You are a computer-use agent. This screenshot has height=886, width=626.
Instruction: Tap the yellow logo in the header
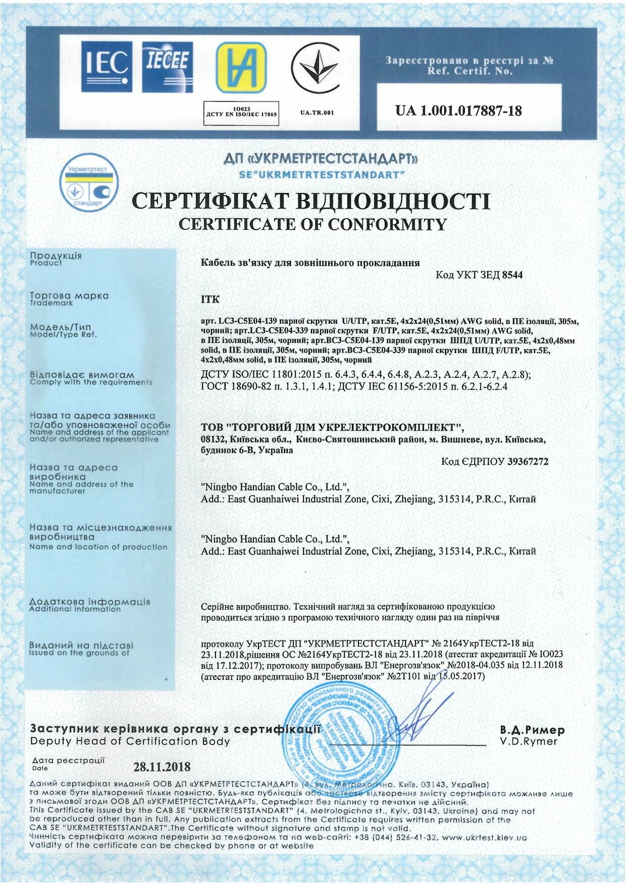(x=241, y=67)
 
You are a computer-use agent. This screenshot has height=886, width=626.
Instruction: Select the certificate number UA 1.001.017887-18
(x=458, y=111)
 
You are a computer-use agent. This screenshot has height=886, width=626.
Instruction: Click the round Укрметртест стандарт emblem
(x=89, y=185)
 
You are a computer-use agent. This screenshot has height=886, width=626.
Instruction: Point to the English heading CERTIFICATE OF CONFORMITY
(x=313, y=224)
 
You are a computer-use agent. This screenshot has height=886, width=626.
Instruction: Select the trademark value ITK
(x=210, y=300)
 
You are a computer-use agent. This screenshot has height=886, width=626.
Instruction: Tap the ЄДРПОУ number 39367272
(x=528, y=461)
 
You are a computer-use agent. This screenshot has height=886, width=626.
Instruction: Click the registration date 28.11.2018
(x=162, y=767)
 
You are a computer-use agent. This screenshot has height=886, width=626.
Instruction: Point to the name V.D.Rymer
(x=529, y=742)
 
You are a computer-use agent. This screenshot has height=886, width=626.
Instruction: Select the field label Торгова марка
(x=69, y=296)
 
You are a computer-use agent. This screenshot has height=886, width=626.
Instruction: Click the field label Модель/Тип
(x=61, y=327)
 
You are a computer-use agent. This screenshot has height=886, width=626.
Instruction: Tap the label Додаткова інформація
(x=90, y=602)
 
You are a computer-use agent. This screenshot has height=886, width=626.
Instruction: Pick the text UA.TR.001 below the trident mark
(x=317, y=113)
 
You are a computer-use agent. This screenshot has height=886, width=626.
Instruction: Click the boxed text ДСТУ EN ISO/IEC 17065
(x=241, y=114)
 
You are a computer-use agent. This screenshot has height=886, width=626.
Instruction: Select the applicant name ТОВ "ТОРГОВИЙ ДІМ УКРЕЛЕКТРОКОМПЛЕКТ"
(x=332, y=427)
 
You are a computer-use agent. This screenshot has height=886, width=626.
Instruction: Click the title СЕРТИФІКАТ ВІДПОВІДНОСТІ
(x=310, y=201)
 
